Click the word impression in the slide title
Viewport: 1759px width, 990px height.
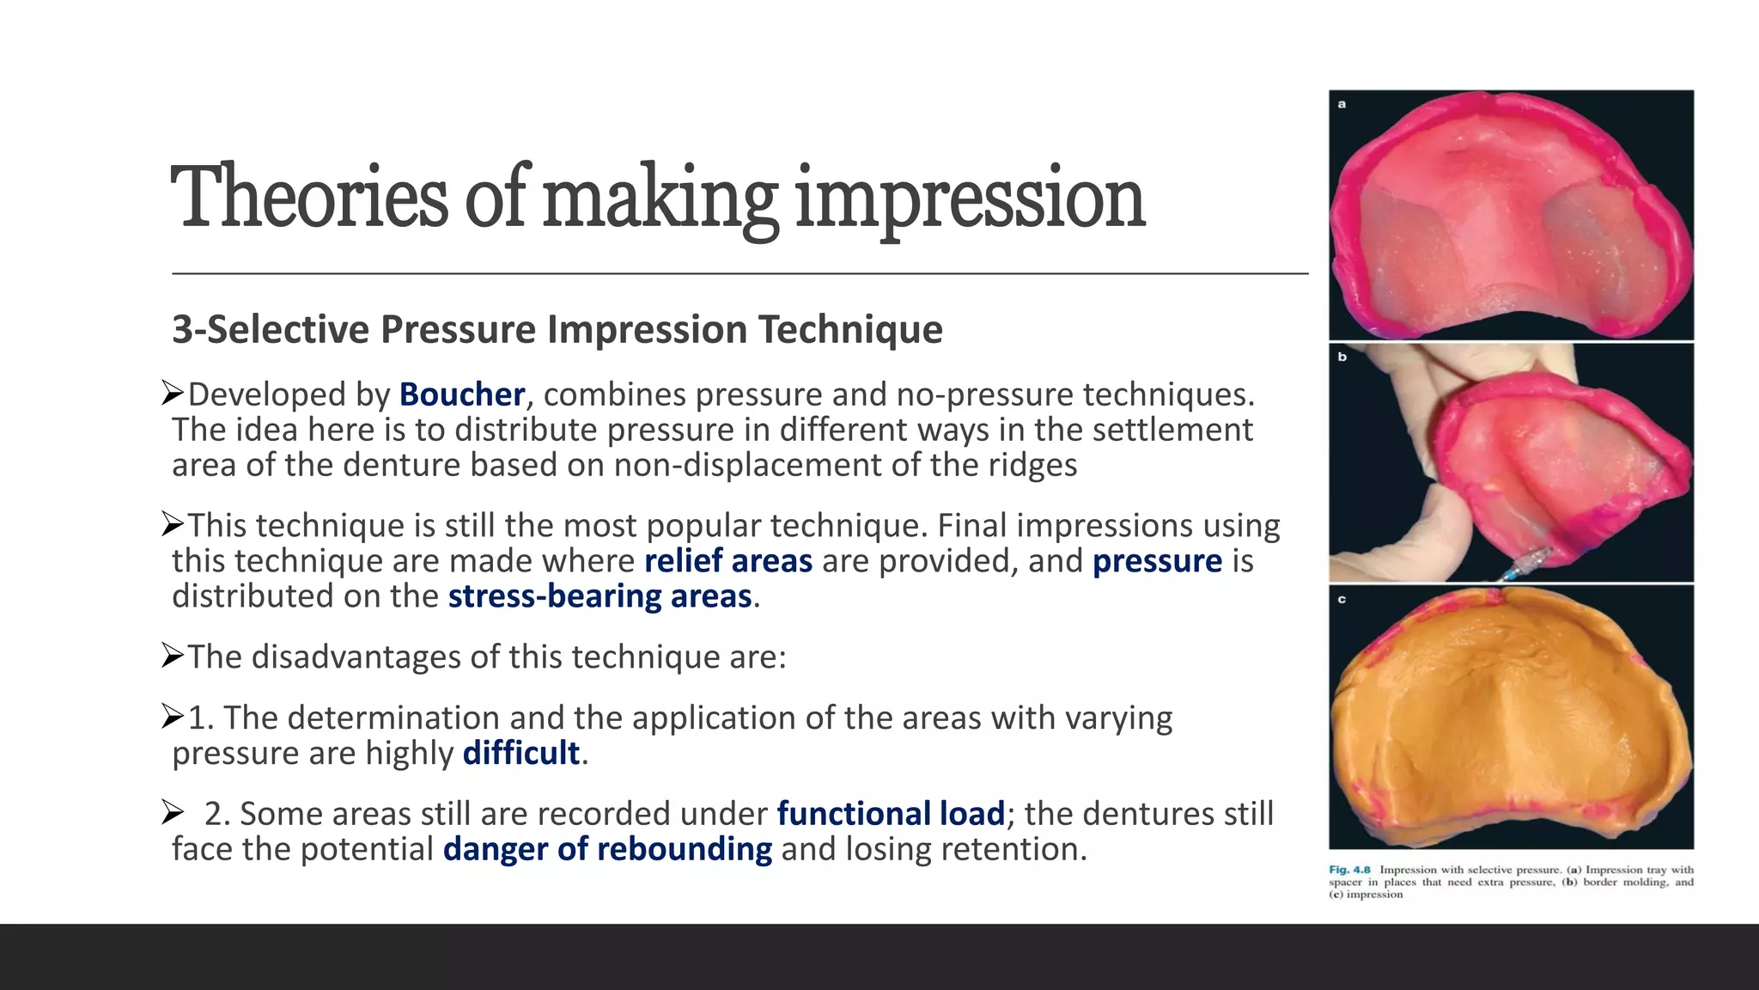[x=971, y=199]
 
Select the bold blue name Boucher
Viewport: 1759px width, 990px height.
[x=462, y=394]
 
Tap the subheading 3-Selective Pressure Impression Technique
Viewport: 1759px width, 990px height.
[x=557, y=330]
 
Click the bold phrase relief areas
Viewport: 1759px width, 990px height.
[x=728, y=561]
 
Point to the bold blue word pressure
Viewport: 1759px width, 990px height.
[x=1157, y=561]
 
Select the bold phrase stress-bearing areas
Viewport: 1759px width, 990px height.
[x=600, y=596]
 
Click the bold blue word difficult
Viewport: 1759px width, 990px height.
[x=521, y=754]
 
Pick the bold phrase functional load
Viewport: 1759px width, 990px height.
[x=891, y=814]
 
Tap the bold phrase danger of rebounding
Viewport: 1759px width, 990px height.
[x=607, y=849]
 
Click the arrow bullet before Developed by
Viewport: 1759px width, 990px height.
[x=173, y=394]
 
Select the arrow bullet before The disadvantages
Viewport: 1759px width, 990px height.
[x=173, y=657]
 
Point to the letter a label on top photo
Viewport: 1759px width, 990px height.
[x=1342, y=104]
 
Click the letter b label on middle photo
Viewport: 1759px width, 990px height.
[x=1342, y=357]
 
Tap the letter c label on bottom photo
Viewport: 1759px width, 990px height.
[x=1342, y=599]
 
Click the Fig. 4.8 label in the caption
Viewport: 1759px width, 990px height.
[x=1349, y=870]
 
